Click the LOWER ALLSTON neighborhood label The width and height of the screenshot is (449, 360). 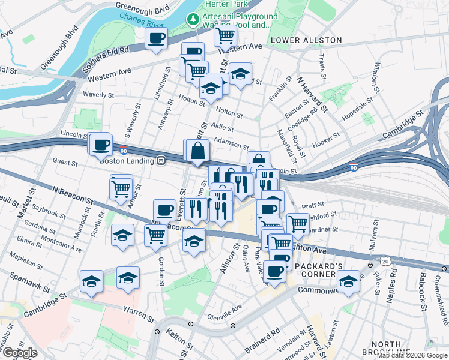click(306, 40)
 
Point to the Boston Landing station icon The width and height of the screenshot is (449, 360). click(161, 161)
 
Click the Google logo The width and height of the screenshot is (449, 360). click(20, 353)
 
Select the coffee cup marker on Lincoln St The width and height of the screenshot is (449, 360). click(101, 144)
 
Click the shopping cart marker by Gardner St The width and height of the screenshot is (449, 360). click(298, 224)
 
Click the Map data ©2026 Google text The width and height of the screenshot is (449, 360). click(412, 355)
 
